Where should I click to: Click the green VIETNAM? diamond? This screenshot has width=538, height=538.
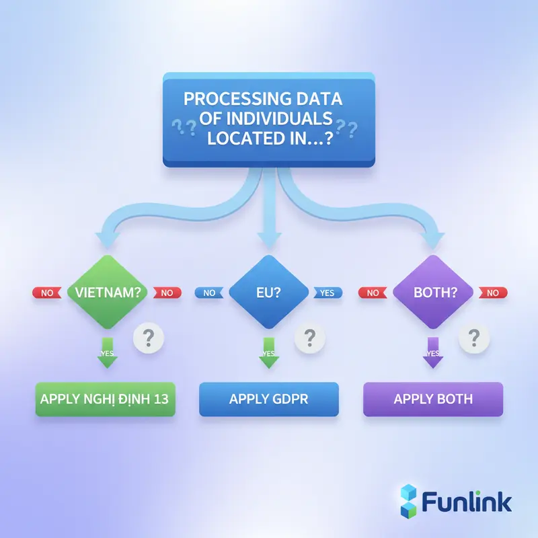point(108,293)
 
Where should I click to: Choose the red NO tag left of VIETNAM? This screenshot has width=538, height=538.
point(46,293)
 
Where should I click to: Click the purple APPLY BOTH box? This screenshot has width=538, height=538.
point(433,399)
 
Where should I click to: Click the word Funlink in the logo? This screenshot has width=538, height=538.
point(467,502)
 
